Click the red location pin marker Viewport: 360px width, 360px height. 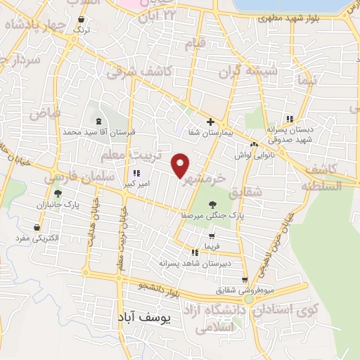[x=181, y=166]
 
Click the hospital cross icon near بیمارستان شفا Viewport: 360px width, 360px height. [x=210, y=121]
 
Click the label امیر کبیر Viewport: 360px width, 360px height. [x=135, y=184]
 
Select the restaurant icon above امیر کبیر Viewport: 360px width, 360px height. [x=136, y=173]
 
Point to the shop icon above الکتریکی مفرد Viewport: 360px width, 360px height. [x=37, y=227]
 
